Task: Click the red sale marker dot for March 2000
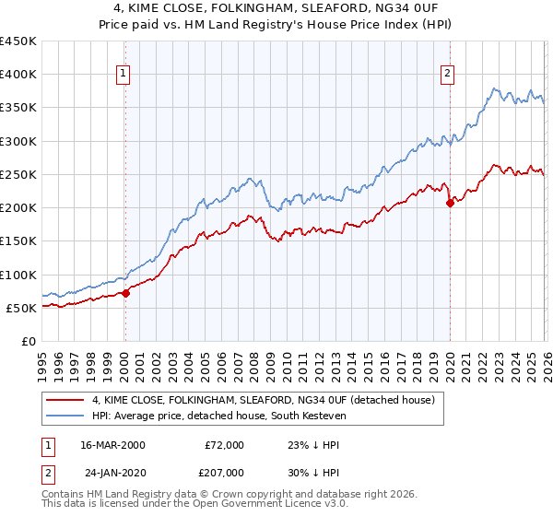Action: [x=125, y=293]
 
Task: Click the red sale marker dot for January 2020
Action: [x=450, y=204]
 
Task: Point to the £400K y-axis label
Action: [x=18, y=75]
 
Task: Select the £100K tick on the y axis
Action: [x=18, y=275]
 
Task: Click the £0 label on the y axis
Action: [x=29, y=341]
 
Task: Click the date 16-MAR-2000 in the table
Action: [x=113, y=445]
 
